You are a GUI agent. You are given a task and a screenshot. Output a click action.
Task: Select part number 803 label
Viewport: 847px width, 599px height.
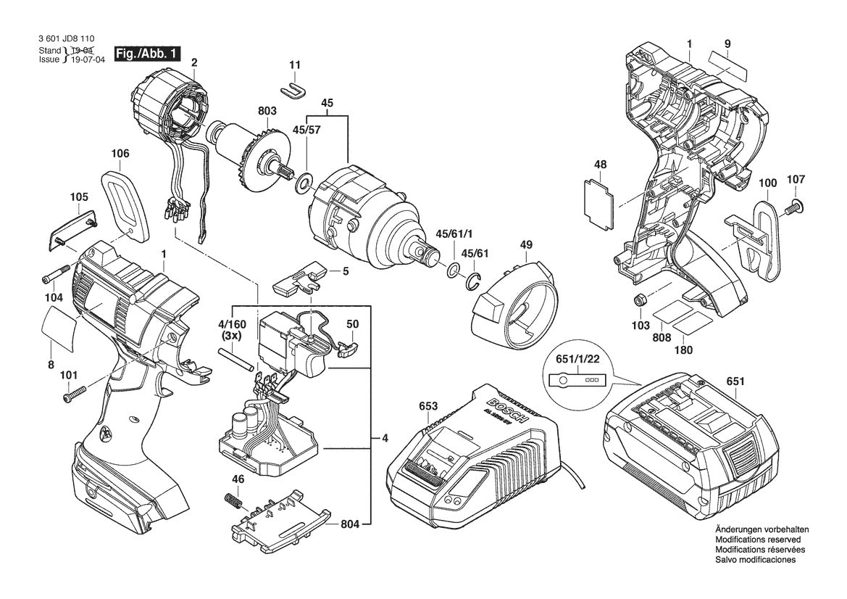pos(267,111)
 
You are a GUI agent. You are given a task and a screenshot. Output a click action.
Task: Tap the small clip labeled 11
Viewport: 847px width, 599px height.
pos(293,88)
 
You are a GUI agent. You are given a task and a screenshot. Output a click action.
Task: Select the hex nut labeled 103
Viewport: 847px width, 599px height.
pos(640,300)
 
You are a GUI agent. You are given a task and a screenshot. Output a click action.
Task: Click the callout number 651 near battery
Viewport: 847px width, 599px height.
pos(735,381)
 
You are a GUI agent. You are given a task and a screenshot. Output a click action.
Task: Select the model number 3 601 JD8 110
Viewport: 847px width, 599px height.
pos(68,40)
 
